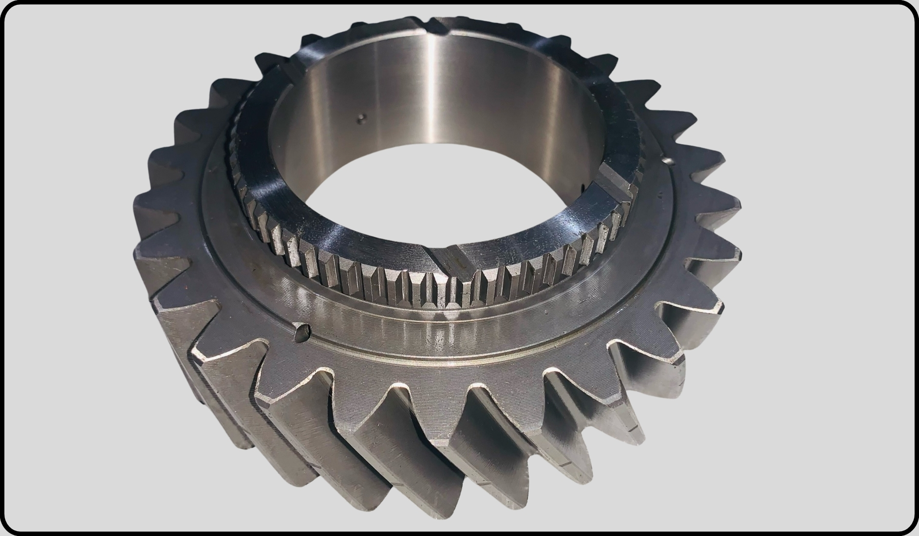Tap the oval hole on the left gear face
point(301,331)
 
